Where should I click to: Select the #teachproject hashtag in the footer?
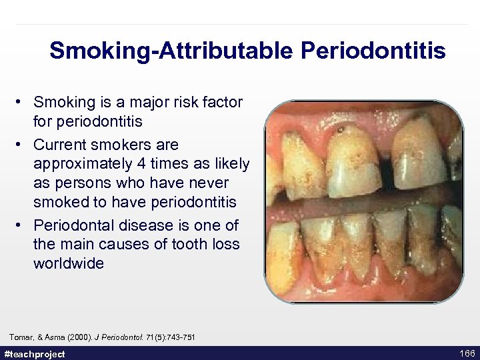point(35,354)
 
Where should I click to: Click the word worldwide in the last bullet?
point(69,263)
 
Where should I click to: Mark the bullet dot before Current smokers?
point(21,145)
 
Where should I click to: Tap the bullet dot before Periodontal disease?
point(21,225)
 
